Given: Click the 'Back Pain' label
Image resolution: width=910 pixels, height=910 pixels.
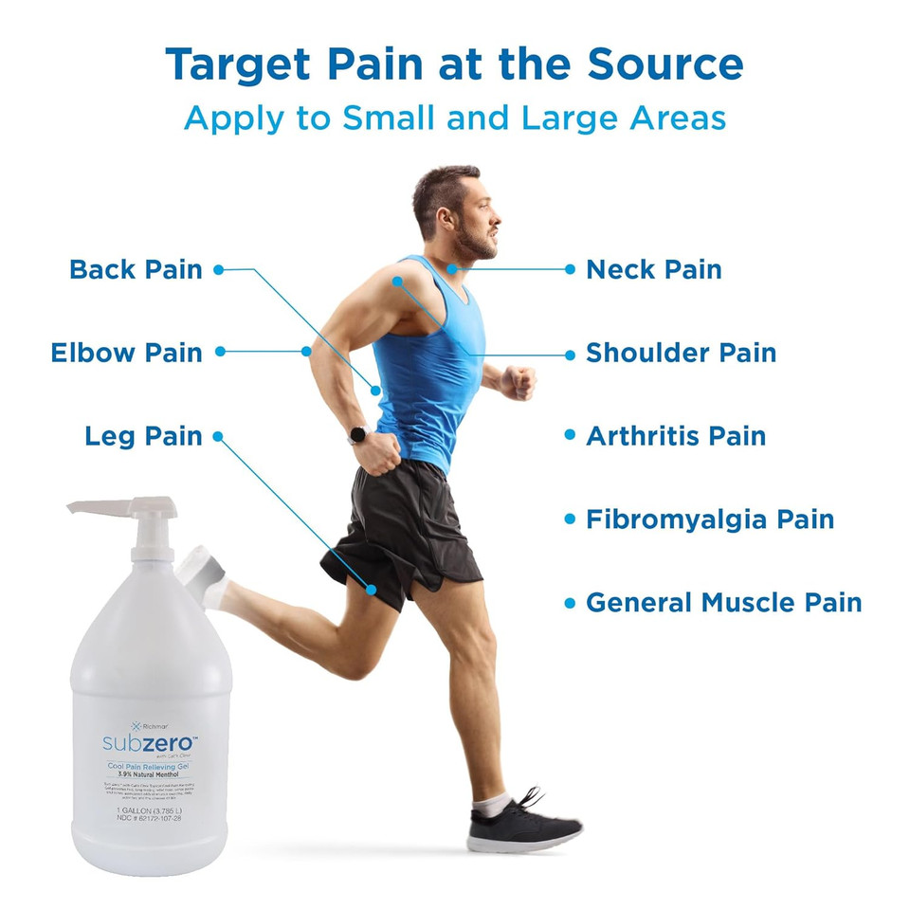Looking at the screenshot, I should pos(136,269).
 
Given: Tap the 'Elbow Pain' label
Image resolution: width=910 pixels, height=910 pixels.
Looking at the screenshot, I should pos(126,353).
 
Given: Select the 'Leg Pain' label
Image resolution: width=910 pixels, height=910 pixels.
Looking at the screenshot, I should pos(143,436).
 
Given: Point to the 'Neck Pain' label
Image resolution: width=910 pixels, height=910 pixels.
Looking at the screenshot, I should pos(653,269).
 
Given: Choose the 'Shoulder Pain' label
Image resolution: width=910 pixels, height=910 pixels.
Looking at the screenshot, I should pos(681,353).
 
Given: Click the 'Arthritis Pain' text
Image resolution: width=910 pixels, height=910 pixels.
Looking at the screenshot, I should pos(675,436).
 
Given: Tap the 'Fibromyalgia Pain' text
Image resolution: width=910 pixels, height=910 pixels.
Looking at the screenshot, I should pos(709,519).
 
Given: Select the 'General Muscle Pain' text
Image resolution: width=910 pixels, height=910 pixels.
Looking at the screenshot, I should pos(723,602).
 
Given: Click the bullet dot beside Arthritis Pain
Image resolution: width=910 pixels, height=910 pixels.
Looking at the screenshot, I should pos(570,435).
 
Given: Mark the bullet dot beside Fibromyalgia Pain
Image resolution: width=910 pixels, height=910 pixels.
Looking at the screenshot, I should pos(570,519).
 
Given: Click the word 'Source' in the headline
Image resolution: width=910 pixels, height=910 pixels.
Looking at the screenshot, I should pos(665,64).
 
